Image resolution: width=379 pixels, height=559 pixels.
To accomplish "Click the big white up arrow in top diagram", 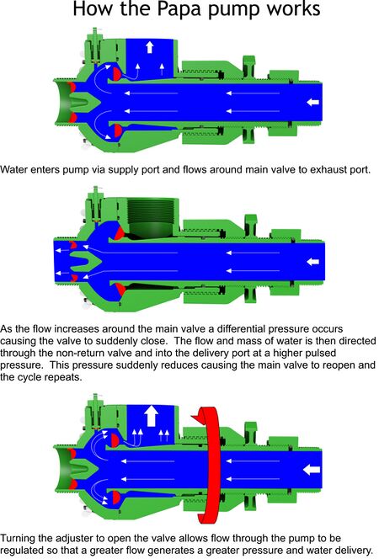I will (x=149, y=47).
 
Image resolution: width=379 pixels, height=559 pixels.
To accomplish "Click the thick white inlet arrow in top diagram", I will (x=312, y=103).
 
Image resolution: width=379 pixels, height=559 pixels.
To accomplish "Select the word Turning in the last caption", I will (x=22, y=537).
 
